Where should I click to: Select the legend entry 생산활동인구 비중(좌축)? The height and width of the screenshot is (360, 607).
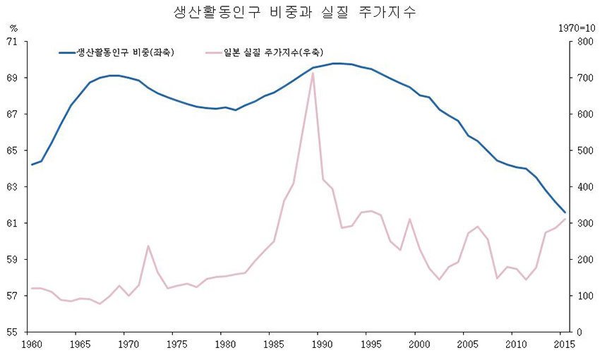(x=126, y=52)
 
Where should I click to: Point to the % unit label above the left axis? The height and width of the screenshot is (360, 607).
(x=13, y=28)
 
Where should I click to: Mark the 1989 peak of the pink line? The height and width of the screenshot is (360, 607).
(x=312, y=73)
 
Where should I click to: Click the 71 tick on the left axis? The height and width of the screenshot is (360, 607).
(x=12, y=42)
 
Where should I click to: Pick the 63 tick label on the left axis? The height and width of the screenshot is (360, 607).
(x=12, y=187)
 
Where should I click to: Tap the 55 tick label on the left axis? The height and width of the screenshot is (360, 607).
(x=12, y=332)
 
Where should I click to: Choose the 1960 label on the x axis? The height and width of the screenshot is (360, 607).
(x=31, y=344)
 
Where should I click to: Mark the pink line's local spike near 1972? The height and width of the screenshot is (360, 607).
(x=148, y=246)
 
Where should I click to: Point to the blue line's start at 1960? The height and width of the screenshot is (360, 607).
(x=32, y=164)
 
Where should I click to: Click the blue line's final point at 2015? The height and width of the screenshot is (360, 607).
(x=565, y=212)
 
